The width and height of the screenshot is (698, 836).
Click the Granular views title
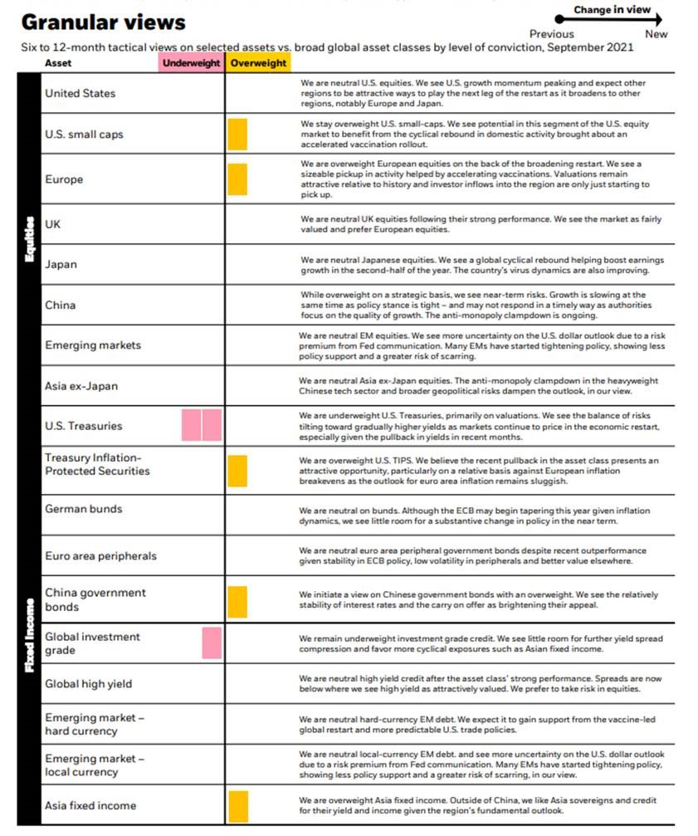point(103,22)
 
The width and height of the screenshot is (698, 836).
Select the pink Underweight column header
point(192,62)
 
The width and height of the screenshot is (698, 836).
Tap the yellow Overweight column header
point(259,62)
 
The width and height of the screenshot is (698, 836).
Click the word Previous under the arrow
point(551,34)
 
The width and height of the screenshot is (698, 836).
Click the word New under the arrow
point(656,34)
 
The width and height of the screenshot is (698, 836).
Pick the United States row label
point(81,93)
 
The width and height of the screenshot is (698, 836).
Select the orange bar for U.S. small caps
point(237,134)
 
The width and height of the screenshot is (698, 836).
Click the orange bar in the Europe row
point(237,178)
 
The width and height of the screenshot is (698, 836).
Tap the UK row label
point(53,224)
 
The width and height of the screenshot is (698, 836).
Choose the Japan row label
point(61,264)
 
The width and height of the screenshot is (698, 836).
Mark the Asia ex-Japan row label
point(82,386)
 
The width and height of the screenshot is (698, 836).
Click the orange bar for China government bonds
point(237,600)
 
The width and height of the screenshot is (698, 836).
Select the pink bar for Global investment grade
point(212,643)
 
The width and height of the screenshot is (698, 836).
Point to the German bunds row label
point(83,509)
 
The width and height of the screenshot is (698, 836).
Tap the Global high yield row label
point(88,684)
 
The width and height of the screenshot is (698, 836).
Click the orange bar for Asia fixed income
point(237,806)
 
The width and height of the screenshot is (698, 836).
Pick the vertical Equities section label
point(29,241)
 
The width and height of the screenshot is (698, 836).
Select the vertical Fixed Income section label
point(29,635)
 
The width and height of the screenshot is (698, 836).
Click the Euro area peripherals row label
point(100,555)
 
